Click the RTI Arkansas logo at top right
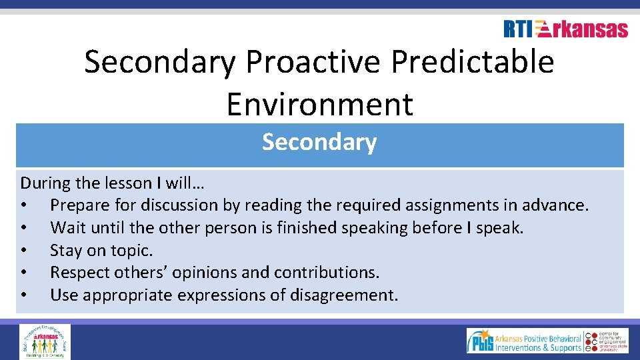click(565, 29)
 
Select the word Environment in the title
click(319, 104)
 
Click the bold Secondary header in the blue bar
click(319, 142)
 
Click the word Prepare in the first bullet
click(78, 205)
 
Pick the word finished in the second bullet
click(308, 228)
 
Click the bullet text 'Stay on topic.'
click(101, 251)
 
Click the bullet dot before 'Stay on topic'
click(24, 251)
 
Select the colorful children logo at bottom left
click(45, 341)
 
